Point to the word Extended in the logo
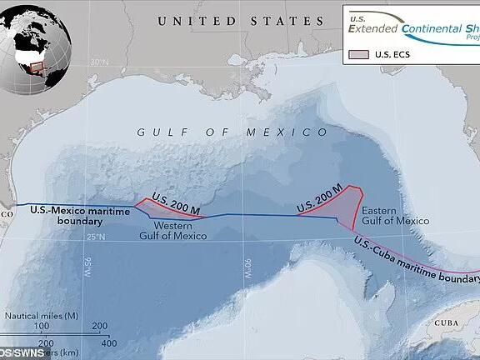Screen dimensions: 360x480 point(376,29)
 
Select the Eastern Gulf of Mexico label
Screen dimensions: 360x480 point(397,215)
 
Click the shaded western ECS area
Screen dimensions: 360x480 point(167,211)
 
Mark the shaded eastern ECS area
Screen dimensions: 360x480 point(342,204)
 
